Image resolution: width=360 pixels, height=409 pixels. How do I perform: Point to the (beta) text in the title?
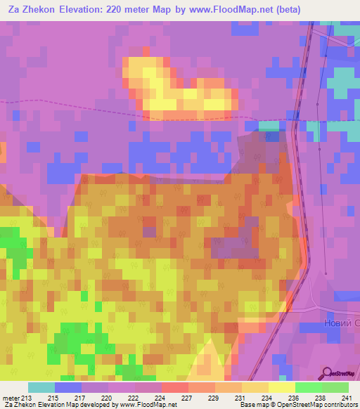[x=298, y=10]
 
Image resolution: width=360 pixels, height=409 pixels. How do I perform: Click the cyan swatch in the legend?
[x=41, y=387]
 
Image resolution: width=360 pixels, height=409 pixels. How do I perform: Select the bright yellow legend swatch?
[x=282, y=387]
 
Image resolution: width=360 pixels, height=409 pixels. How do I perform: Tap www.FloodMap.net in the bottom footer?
[x=148, y=405]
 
